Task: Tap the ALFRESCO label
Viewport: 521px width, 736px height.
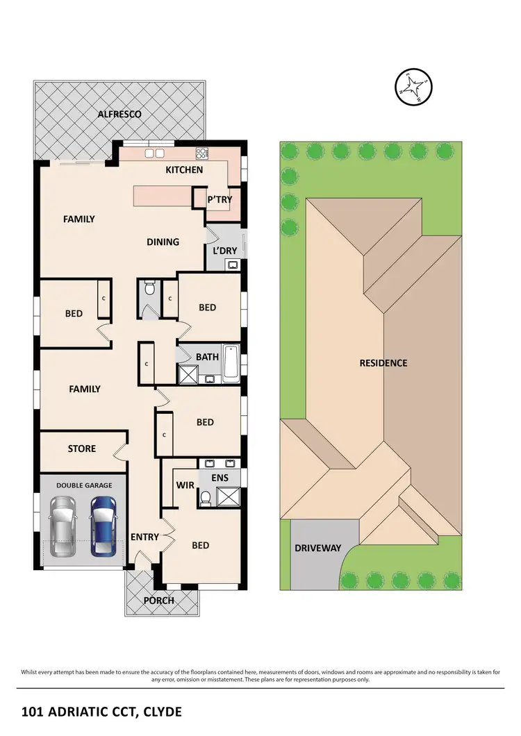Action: point(119,114)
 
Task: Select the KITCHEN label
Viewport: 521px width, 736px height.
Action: point(184,169)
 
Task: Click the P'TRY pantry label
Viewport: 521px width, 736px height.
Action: point(220,200)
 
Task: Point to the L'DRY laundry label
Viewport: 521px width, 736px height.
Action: point(224,250)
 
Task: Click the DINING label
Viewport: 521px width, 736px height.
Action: point(163,242)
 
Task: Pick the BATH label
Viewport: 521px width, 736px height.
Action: point(207,357)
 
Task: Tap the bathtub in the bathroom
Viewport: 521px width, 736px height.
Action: point(231,363)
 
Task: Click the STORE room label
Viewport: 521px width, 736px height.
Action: point(82,449)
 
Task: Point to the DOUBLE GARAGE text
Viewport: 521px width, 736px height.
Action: point(84,485)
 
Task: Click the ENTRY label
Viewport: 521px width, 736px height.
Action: point(144,537)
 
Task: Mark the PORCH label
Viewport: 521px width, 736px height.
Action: point(159,600)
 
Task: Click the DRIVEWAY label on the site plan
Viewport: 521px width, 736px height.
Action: point(317,548)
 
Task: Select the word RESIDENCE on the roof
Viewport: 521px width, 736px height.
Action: point(383,362)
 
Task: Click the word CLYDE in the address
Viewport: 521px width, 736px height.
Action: point(160,712)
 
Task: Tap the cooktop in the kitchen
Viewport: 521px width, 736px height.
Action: point(202,153)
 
